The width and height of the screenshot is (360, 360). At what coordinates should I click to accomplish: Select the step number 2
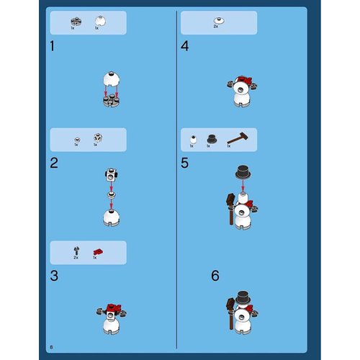54,162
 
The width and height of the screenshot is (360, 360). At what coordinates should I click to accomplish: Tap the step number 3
54,276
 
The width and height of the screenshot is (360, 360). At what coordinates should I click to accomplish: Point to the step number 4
185,48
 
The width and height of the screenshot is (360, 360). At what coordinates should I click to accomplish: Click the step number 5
185,163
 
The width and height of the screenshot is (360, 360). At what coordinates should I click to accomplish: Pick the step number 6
215,276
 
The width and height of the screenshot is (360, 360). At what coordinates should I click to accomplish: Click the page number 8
52,347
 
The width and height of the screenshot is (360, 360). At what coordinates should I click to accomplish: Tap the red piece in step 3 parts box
96,250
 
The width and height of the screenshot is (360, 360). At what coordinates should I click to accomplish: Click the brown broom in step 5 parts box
235,138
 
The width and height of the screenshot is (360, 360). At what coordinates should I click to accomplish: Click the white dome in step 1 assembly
112,78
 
